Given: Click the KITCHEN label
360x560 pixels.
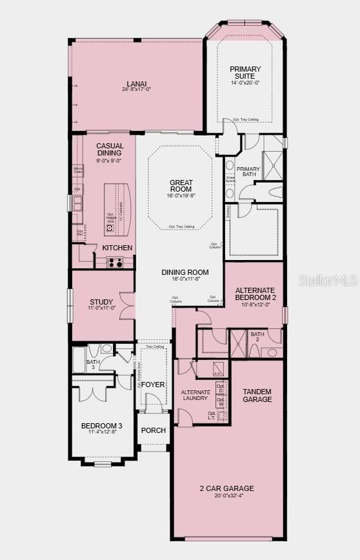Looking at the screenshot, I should pos(117,248).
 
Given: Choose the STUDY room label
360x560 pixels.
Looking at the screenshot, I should pos(102,302).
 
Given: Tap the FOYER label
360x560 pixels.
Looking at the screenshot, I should pos(153,385).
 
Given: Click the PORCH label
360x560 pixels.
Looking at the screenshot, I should pos(154,430).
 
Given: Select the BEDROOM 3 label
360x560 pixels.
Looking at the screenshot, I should pos(101,426).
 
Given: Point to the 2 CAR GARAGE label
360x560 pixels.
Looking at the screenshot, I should pos(226,488).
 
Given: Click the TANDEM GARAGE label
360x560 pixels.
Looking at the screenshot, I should pos(257,395).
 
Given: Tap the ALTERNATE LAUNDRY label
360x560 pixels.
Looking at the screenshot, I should pos(195,395).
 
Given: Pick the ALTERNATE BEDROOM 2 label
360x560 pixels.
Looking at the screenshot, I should pos(255,294).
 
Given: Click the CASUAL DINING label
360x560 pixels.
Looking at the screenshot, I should pos(110,150).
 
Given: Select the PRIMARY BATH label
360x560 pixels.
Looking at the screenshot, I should pos(248,172).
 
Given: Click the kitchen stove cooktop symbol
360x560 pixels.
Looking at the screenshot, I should pos(115,262).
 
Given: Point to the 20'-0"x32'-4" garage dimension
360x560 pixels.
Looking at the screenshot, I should pos(226,496).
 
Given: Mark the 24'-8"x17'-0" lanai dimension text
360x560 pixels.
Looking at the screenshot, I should pos(136,90).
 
